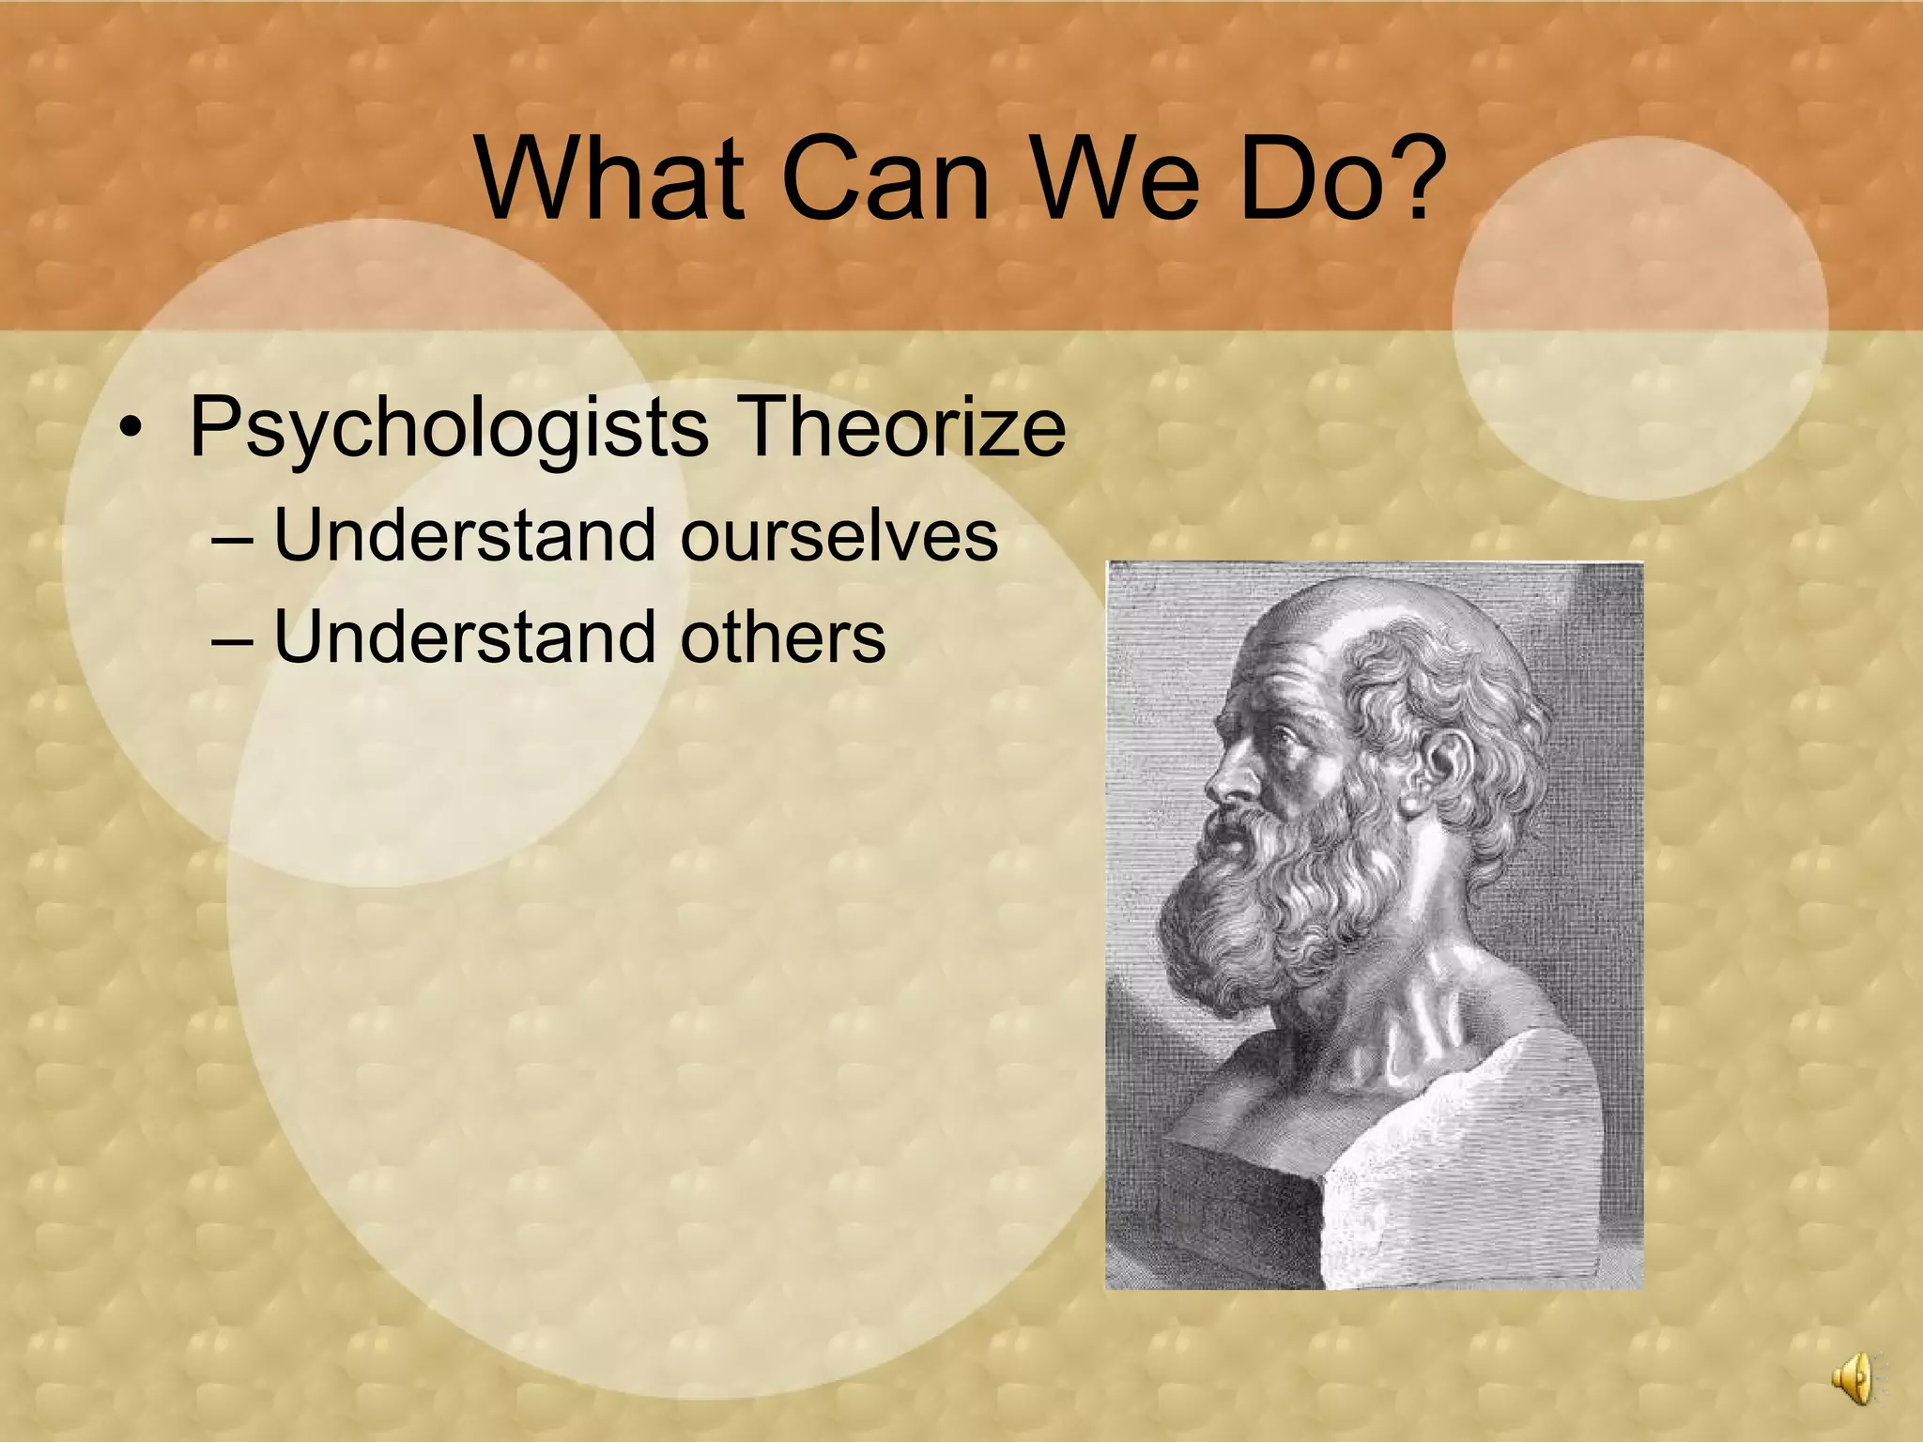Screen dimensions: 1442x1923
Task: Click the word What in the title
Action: [x=609, y=178]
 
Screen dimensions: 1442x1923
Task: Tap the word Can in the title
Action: [x=884, y=178]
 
